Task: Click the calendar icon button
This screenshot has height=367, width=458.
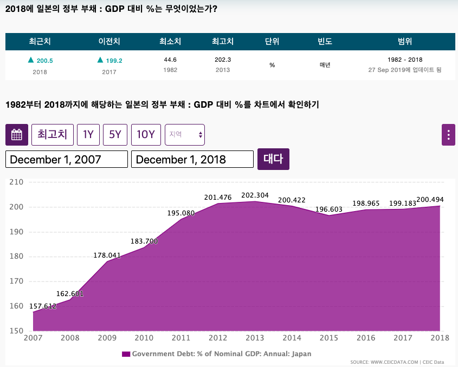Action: tap(17, 135)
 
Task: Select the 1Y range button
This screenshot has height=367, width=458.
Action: tap(88, 135)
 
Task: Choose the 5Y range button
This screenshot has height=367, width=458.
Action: tap(115, 135)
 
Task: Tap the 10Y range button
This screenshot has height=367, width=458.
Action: tap(146, 135)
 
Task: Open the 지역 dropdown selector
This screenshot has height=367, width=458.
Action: tap(185, 135)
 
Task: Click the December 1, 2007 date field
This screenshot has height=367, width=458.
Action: tap(67, 159)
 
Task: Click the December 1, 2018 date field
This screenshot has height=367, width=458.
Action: tap(192, 159)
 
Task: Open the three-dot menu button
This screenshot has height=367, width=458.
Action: tap(448, 135)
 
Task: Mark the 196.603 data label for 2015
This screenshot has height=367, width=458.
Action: tap(329, 209)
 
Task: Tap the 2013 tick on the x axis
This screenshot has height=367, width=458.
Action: tap(255, 338)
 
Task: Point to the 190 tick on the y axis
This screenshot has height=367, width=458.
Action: tap(16, 232)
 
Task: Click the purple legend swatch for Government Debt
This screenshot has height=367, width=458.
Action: tap(126, 354)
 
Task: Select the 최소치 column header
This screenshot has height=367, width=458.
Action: tap(170, 41)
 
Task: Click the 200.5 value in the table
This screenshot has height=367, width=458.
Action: tap(44, 61)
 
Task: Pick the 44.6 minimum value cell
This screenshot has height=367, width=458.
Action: tap(170, 60)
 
